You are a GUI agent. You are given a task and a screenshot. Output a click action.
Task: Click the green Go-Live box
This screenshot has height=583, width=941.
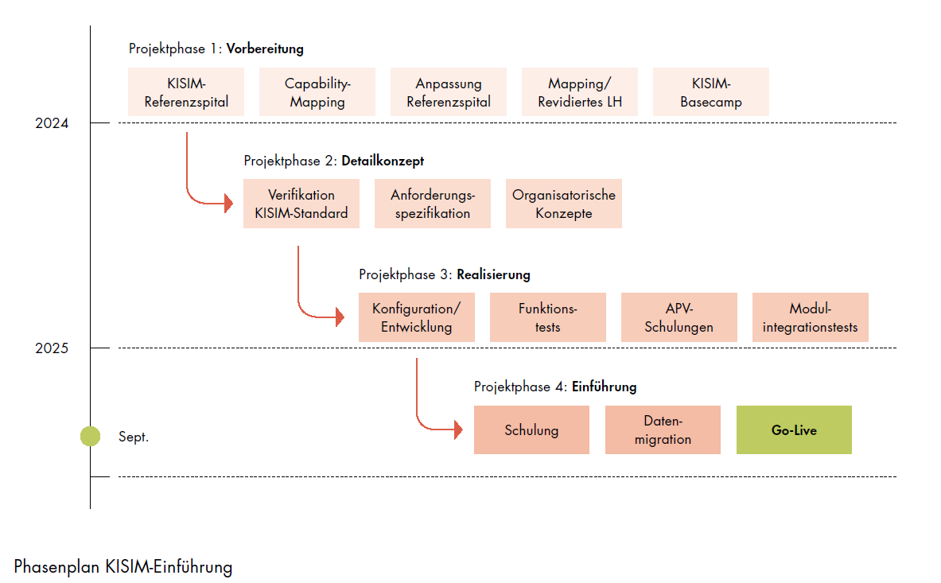(x=794, y=430)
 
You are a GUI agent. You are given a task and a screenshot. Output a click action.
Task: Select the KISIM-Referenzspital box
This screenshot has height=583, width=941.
(x=186, y=92)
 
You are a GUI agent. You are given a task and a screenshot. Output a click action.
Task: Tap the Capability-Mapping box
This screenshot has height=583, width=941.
(x=317, y=92)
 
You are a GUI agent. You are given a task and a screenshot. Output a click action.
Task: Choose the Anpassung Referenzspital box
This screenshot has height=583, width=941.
(x=449, y=92)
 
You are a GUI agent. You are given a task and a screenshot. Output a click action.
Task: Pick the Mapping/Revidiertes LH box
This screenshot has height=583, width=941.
(x=580, y=92)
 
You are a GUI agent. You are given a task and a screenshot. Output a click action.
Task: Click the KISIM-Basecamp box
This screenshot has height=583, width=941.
(x=711, y=92)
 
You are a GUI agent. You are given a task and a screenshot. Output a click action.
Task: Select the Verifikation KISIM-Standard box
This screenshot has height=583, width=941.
(x=301, y=204)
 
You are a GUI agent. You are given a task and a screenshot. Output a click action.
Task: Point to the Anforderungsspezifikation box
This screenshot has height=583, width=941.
(x=433, y=204)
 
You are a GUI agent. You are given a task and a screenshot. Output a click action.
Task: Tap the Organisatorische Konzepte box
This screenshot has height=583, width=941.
(x=564, y=204)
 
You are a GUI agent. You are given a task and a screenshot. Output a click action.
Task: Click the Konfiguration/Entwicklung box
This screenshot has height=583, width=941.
(x=417, y=317)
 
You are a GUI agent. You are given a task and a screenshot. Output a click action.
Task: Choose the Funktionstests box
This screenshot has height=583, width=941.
(x=548, y=317)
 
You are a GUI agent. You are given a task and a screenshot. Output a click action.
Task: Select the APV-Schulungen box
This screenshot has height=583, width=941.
(x=679, y=317)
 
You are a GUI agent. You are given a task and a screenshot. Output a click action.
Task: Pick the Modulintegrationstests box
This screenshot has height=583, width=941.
(x=811, y=317)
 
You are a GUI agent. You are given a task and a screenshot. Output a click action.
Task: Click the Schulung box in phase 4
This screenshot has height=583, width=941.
(x=531, y=430)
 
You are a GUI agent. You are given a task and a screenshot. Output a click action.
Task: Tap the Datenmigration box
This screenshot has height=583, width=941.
(x=663, y=430)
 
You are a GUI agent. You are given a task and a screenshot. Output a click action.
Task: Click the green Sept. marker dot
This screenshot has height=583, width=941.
(x=90, y=436)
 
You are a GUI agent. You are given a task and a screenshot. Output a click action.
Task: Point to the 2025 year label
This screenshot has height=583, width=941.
(x=52, y=348)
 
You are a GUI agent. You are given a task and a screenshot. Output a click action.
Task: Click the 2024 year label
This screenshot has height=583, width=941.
(x=52, y=123)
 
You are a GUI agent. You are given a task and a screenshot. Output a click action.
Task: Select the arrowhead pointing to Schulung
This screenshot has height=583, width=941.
(x=458, y=431)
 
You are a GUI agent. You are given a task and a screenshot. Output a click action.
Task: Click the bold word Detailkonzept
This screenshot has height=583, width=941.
(x=383, y=161)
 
